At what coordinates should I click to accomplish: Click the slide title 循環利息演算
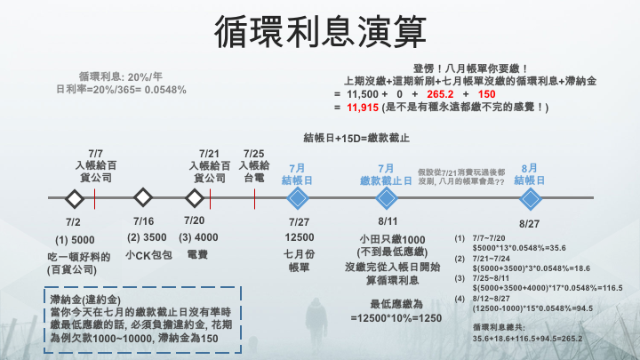pyautogui.click(x=319, y=33)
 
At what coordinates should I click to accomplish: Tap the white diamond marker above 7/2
pyautogui.click(x=73, y=196)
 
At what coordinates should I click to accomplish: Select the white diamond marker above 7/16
pyautogui.click(x=141, y=196)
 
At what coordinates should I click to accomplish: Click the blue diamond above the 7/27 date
pyautogui.click(x=298, y=196)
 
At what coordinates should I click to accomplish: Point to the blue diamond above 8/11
pyautogui.click(x=386, y=196)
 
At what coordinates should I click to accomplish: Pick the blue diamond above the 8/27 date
pyautogui.click(x=530, y=196)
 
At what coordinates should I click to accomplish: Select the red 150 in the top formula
pyautogui.click(x=486, y=93)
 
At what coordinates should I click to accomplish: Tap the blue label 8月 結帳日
pyautogui.click(x=530, y=173)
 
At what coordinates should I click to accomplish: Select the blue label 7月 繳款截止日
pyautogui.click(x=386, y=173)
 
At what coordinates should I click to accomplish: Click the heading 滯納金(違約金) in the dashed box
pyautogui.click(x=86, y=300)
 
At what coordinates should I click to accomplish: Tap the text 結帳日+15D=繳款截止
pyautogui.click(x=356, y=138)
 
